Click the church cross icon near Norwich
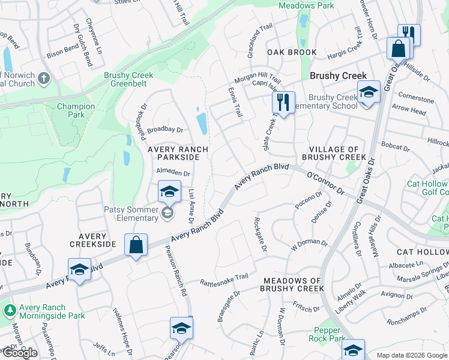click(44, 79)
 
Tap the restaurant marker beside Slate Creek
click(283, 102)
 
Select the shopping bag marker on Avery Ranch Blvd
click(136, 245)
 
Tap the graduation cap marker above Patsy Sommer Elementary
click(170, 191)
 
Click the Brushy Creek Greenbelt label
click(128, 80)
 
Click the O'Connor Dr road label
click(325, 182)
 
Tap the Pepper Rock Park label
click(328, 334)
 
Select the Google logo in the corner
click(19, 353)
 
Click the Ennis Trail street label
click(235, 101)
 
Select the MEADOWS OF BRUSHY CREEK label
click(292, 285)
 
